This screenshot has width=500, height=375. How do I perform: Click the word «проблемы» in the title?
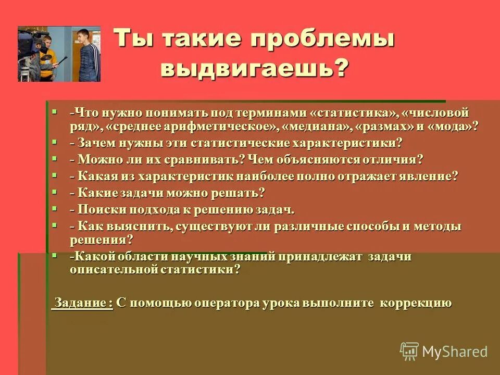click(x=323, y=41)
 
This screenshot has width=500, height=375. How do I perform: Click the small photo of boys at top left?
click(x=59, y=54)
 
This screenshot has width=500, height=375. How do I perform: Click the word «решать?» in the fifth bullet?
click(x=241, y=193)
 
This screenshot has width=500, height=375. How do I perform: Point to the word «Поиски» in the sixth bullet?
click(x=97, y=210)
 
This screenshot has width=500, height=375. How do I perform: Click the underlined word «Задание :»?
click(x=82, y=303)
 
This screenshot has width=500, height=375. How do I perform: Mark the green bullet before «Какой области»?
click(x=55, y=255)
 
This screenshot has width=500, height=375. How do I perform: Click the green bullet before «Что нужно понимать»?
click(x=55, y=112)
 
